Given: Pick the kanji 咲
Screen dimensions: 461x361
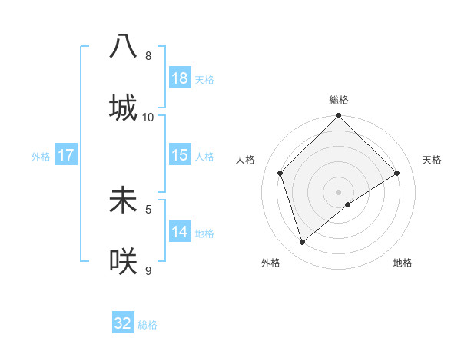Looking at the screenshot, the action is [x=123, y=261].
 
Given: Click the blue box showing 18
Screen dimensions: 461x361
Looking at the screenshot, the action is [x=180, y=78].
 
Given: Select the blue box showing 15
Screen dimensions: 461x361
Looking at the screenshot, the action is [x=180, y=154].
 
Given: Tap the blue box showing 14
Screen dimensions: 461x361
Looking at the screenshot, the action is [x=180, y=231].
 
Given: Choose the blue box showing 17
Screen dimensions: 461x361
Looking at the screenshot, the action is [x=66, y=154].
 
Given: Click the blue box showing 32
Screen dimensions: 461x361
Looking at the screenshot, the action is [x=123, y=323].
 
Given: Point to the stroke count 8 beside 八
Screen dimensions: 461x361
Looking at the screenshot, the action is [x=148, y=56].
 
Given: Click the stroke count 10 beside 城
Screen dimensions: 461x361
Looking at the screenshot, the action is [x=148, y=118].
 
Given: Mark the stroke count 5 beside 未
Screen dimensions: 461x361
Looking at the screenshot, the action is [x=148, y=208].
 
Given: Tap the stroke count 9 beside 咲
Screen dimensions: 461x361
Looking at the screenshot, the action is [x=148, y=270].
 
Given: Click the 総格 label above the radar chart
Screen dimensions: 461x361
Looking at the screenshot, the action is [x=339, y=100].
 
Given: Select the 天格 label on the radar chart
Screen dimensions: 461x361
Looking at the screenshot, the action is [x=433, y=160].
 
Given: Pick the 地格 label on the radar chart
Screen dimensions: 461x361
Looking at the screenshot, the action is [x=403, y=263].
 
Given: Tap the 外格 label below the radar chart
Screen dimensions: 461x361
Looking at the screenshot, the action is [x=270, y=263].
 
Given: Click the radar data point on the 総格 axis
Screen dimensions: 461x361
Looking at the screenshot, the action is [x=339, y=117].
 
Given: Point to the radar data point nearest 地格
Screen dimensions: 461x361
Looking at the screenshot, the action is [x=348, y=204].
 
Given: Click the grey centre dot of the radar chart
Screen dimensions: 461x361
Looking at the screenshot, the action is [x=339, y=191].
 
